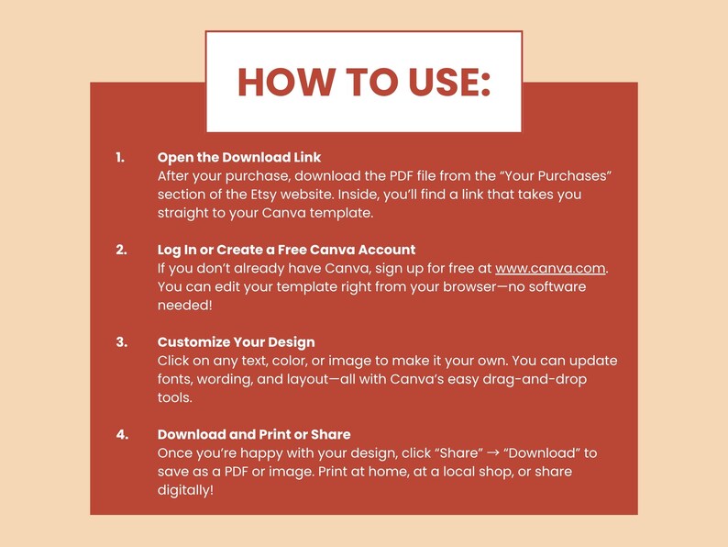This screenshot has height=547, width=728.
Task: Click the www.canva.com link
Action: [550, 269]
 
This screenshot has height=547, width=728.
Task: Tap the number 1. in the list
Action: [120, 158]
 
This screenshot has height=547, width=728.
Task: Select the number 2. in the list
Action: [121, 250]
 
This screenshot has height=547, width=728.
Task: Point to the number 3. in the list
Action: [122, 342]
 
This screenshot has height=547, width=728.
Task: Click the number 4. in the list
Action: [122, 435]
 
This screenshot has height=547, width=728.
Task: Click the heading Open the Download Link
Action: [239, 158]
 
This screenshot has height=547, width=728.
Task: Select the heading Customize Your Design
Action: [236, 342]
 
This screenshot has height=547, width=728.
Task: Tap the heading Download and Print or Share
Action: [254, 434]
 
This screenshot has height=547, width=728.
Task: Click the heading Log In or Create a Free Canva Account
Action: [286, 250]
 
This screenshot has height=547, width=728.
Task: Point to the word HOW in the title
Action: [285, 82]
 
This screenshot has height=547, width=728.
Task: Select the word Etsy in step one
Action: [264, 195]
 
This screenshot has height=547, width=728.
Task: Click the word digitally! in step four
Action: [185, 491]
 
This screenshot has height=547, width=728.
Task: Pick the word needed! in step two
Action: [185, 306]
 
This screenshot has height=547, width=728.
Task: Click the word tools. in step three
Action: [174, 397]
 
